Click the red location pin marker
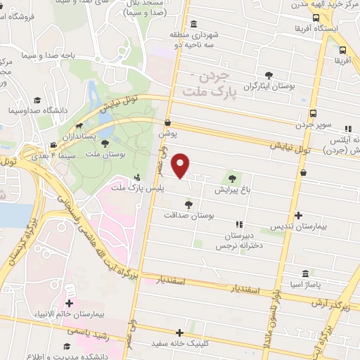[x=181, y=164]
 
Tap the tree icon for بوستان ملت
[x=105, y=143]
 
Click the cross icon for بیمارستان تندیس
[x=298, y=216]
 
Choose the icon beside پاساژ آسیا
[x=303, y=274]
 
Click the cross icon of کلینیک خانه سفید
[x=180, y=333]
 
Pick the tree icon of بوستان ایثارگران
[x=268, y=75]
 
